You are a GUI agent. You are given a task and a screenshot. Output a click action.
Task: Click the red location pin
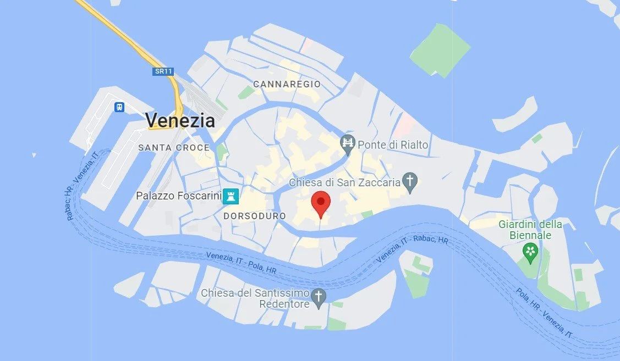(321, 203)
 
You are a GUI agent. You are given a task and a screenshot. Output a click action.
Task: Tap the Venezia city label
(179, 120)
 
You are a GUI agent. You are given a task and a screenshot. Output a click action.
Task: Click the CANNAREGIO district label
(287, 84)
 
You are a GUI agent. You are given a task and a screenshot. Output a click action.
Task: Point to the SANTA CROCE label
(174, 147)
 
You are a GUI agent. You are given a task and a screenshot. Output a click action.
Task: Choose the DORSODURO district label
(255, 216)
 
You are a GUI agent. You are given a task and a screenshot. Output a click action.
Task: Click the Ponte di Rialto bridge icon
(347, 145)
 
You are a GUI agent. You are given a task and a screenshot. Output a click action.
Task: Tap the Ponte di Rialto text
(393, 145)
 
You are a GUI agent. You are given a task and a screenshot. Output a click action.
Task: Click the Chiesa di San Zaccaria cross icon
(410, 180)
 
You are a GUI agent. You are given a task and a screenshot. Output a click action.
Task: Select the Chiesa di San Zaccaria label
(345, 182)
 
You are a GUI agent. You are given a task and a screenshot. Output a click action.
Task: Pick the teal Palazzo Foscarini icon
(231, 196)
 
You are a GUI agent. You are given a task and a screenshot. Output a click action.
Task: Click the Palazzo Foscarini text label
(179, 196)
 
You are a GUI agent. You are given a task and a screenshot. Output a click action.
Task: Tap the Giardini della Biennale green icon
(530, 252)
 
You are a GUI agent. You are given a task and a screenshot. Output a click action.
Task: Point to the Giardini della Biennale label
(530, 230)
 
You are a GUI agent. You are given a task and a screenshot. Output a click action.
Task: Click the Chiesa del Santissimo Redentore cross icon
(318, 297)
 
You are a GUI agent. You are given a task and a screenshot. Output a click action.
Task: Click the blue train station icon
(119, 107)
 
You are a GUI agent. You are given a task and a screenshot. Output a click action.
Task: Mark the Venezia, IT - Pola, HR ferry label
(241, 263)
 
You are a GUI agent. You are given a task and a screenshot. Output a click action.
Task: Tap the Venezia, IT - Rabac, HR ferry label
(411, 246)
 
